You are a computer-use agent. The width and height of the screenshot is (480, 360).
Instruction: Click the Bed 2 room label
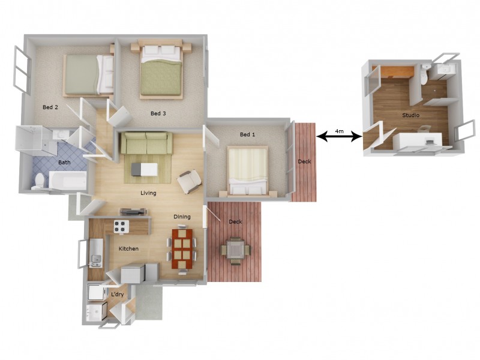tap(50, 107)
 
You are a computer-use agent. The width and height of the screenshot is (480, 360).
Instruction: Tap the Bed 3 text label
tap(158, 113)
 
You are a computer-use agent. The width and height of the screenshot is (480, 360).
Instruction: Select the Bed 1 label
tap(247, 134)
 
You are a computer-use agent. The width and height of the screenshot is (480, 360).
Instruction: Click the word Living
tap(148, 193)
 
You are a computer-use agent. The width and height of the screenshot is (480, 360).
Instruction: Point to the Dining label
tap(182, 217)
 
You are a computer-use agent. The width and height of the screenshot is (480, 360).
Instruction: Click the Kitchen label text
tap(128, 248)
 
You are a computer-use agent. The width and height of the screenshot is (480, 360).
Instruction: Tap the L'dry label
tap(118, 295)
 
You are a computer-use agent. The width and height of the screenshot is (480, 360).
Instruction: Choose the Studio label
tap(410, 115)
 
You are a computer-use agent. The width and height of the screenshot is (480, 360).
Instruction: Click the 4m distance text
tap(339, 131)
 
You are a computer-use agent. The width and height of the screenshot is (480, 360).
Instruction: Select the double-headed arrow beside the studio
tap(339, 137)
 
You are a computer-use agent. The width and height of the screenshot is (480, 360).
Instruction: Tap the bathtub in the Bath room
tap(67, 180)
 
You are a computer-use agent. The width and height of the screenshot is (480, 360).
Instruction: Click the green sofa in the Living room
tap(146, 144)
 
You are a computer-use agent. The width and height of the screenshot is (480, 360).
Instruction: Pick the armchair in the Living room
tap(190, 180)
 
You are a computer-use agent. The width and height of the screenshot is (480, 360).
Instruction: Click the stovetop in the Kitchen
tap(121, 227)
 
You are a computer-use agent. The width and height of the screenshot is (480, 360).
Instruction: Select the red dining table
tap(184, 249)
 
